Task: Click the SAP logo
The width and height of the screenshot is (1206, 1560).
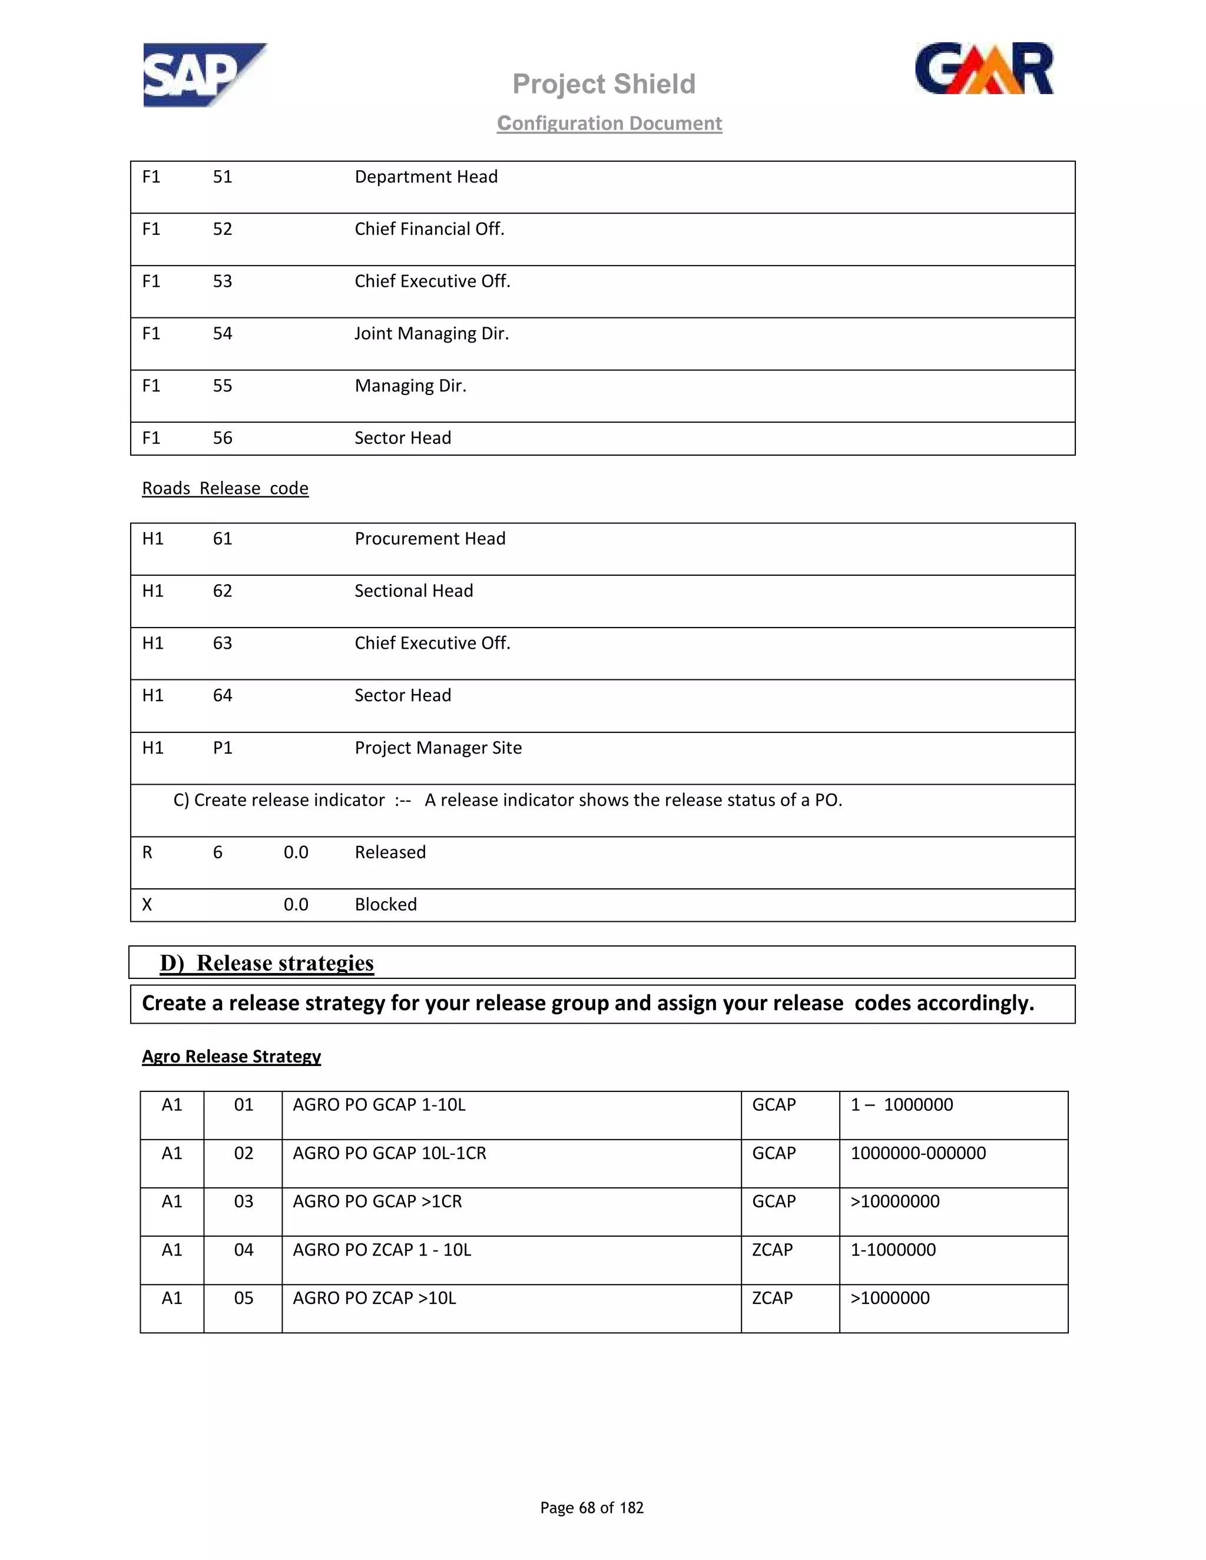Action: click(204, 75)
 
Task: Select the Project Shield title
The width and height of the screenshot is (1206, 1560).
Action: click(604, 84)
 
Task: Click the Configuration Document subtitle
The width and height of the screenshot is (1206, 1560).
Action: click(609, 123)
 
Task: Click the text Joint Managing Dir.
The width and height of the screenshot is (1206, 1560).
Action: click(432, 334)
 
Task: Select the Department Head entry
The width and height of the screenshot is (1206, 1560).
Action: click(426, 177)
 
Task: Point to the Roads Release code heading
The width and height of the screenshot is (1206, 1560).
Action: click(225, 488)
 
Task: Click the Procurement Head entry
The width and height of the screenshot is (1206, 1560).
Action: click(429, 539)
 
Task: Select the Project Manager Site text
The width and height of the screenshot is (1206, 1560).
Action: click(438, 748)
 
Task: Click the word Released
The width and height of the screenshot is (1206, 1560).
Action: click(390, 852)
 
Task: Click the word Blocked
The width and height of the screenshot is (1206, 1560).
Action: click(386, 904)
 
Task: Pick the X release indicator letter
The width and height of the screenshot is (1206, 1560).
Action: click(147, 904)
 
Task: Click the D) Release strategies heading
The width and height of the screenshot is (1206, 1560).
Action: click(267, 963)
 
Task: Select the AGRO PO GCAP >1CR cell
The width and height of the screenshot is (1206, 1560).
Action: click(377, 1201)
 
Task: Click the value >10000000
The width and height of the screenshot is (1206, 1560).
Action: click(894, 1201)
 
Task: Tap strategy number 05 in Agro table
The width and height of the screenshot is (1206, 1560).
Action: click(244, 1298)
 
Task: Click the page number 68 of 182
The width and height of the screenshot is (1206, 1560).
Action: click(592, 1507)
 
